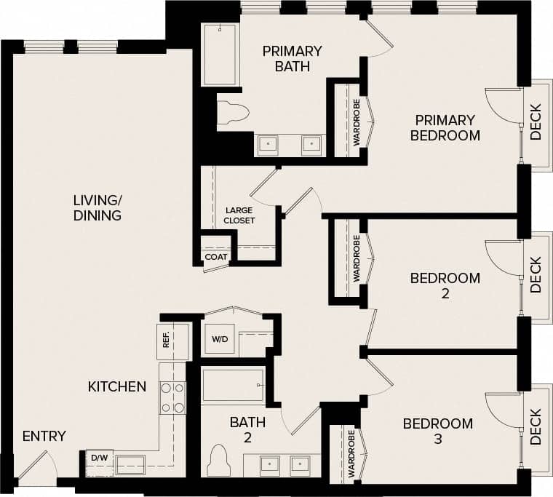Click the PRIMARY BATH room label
(292, 59)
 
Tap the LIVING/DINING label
(97, 207)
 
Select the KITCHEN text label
(117, 386)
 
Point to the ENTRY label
(44, 436)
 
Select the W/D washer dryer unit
(220, 339)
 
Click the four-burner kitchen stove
(172, 398)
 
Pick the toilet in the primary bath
(233, 112)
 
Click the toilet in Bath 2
(219, 460)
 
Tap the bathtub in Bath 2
(233, 385)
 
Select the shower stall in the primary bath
(219, 55)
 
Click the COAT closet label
(215, 257)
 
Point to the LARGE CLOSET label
(239, 215)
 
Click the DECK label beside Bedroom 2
(536, 274)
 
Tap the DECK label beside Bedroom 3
(536, 426)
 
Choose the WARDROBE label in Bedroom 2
(357, 258)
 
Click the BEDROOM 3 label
(437, 431)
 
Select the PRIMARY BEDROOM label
(445, 127)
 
